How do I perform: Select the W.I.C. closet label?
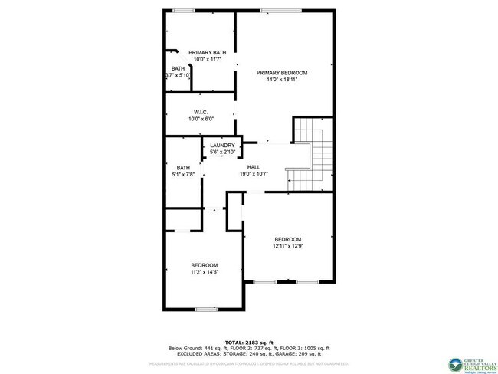click(201, 112)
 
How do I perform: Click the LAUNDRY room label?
click(222, 146)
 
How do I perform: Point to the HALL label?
click(253, 166)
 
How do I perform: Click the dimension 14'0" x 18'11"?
click(281, 80)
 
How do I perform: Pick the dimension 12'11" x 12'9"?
click(287, 246)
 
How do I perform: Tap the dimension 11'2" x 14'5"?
click(205, 272)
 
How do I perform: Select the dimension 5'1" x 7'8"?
click(184, 175)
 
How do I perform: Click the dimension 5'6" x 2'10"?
click(222, 153)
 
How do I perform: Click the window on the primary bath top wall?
click(182, 10)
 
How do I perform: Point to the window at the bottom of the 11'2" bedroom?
click(206, 309)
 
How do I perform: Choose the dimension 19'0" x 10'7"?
click(253, 174)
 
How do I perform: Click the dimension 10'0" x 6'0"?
click(201, 119)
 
